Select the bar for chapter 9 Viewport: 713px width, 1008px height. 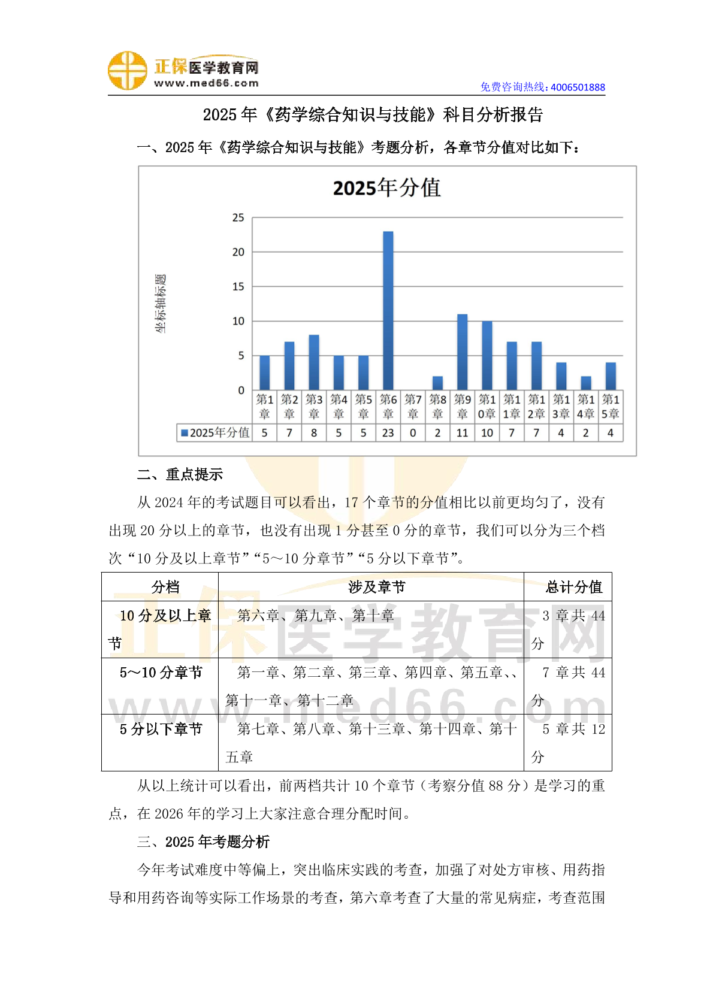[x=462, y=352]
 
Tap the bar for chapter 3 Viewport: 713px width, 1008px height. [x=314, y=362]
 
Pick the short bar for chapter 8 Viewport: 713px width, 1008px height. [x=437, y=383]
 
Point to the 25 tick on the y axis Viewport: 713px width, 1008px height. [x=238, y=217]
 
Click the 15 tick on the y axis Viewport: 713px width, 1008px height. [x=238, y=286]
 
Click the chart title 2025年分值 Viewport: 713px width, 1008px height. [x=387, y=188]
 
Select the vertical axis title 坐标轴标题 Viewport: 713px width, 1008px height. [x=161, y=304]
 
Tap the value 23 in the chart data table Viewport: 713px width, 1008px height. [x=388, y=432]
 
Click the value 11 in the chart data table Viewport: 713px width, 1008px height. [x=462, y=432]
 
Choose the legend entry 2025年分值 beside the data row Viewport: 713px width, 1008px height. [x=215, y=432]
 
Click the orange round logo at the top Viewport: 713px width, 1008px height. [x=127, y=71]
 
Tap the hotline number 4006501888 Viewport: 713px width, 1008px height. [x=578, y=87]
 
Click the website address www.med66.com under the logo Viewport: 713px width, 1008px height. [x=206, y=83]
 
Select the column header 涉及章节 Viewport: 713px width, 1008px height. [x=376, y=587]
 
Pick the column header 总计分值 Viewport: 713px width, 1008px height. [x=573, y=587]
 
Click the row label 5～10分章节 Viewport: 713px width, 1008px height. [x=161, y=673]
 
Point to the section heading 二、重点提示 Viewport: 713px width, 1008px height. [x=180, y=474]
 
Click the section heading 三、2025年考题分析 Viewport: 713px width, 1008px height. [x=203, y=841]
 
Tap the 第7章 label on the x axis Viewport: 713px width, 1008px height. [x=413, y=406]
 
